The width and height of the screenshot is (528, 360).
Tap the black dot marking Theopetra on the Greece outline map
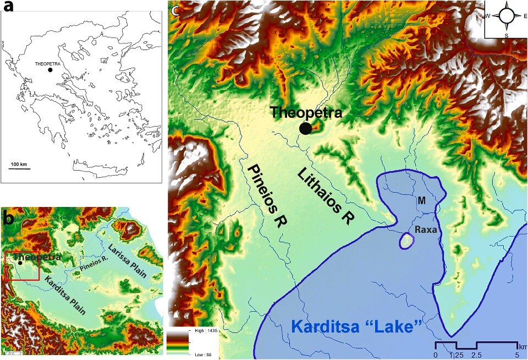click(50, 70)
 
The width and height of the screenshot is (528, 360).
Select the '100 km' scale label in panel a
click(19, 165)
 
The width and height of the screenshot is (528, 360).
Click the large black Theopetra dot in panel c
click(305, 128)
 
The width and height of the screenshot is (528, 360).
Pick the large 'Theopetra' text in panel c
click(306, 113)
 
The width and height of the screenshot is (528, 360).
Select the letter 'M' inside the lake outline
click(421, 201)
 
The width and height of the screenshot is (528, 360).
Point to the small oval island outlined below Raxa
click(407, 241)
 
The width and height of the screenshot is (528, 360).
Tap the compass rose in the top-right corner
click(505, 16)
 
